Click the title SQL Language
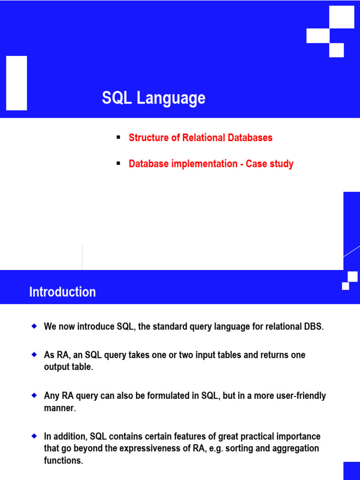tap(154, 98)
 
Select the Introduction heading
tap(62, 292)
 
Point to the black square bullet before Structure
tap(119, 137)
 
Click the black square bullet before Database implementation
tap(119, 164)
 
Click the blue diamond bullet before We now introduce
tap(34, 326)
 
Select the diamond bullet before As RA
tap(34, 354)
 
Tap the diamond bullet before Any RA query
tap(34, 395)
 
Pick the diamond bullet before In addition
tap(34, 436)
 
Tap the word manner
tap(60, 408)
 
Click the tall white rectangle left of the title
tap(16, 83)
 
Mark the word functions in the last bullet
tap(63, 460)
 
